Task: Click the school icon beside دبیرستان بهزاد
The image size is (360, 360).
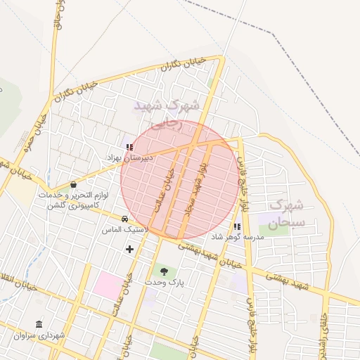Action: (129, 147)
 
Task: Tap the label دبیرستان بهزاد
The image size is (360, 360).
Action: (129, 159)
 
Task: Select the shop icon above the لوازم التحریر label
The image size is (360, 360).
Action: (73, 185)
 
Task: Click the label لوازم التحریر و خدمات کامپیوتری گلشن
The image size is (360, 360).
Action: (72, 200)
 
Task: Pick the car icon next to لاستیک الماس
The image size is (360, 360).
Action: (124, 219)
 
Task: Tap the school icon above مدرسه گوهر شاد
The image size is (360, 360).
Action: (237, 226)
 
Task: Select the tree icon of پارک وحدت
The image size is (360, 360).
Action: (164, 271)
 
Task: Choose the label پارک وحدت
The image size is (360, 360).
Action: (164, 282)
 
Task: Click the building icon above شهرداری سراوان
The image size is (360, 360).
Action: (38, 325)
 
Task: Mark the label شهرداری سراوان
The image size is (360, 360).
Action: (39, 336)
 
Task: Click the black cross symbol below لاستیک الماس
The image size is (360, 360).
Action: (129, 249)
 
